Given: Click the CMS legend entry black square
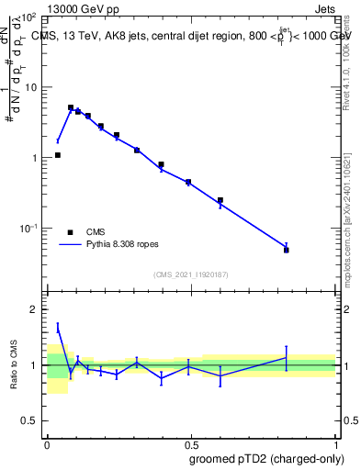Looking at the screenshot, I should pos(70,232).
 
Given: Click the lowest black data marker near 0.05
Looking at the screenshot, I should pos(287,250).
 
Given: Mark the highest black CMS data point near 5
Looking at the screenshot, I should pos(71,107).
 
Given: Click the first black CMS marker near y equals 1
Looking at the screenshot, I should pos(58,155).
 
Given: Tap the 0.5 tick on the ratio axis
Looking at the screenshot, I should pos(31,420).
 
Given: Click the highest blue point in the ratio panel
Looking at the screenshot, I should pos(58,327).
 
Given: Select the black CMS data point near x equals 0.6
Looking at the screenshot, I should pos(220,200).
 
